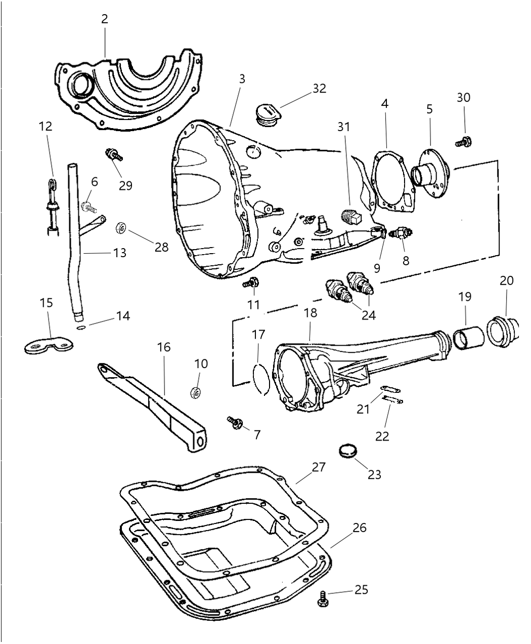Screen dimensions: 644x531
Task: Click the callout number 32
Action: click(319, 88)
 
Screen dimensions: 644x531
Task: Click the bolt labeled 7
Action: click(235, 423)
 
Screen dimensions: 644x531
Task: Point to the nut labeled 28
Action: click(121, 229)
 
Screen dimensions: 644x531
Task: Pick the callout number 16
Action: click(163, 347)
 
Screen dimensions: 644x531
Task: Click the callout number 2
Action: click(104, 19)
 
